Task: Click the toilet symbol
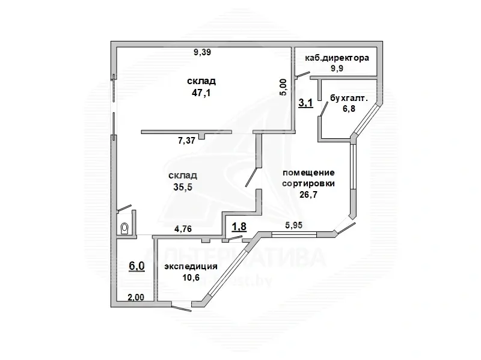click(x=124, y=228)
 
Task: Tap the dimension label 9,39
click(x=202, y=53)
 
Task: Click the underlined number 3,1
click(x=305, y=102)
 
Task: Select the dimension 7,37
click(x=188, y=141)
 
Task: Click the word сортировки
click(x=309, y=183)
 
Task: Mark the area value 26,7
click(x=308, y=194)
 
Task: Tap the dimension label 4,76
click(x=183, y=228)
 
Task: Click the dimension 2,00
click(x=135, y=296)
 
